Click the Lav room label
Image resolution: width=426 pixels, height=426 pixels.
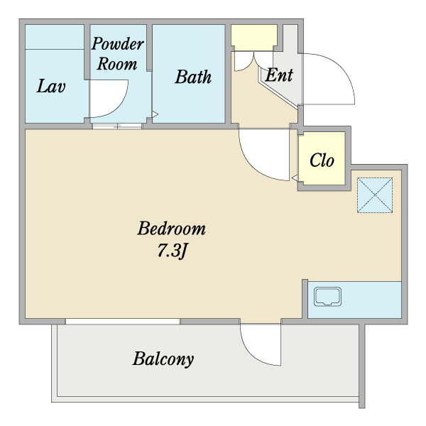(51, 86)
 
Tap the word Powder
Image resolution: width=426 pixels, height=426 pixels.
(118, 43)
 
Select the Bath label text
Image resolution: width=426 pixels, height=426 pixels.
(193, 77)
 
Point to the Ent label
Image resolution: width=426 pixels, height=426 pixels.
(279, 75)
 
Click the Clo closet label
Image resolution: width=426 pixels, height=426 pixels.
(322, 160)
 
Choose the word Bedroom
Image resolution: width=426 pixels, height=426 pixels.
(171, 228)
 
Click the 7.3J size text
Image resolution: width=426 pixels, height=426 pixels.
(173, 251)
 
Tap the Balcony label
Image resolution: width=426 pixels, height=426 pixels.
(163, 359)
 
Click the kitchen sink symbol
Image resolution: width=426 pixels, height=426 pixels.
(327, 296)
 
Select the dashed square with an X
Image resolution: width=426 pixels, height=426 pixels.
(375, 195)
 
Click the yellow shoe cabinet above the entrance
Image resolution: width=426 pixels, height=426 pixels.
(254, 37)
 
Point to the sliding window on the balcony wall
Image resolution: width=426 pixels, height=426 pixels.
(123, 322)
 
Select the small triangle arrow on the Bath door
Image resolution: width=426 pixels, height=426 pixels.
(155, 114)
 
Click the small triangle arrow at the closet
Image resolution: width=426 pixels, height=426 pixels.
(295, 178)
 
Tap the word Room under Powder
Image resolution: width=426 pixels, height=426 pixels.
(117, 64)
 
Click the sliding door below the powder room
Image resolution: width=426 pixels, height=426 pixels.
(117, 126)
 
